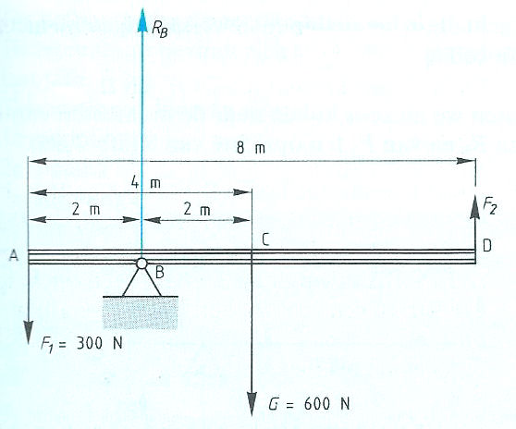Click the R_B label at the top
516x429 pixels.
160,30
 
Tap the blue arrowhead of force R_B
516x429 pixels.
142,19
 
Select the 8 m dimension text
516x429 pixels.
251,148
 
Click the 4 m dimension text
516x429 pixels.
146,182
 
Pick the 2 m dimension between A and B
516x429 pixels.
86,209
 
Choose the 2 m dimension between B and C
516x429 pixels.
197,209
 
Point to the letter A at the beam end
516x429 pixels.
14,255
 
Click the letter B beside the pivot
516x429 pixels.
159,273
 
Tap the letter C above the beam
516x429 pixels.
265,239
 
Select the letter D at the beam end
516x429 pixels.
487,245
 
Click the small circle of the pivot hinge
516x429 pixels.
141,264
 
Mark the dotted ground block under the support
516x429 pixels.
141,313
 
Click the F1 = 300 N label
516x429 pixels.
81,344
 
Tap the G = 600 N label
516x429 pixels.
309,403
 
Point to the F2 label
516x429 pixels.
490,207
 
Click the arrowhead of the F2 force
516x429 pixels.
475,206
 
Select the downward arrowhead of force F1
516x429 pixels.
29,332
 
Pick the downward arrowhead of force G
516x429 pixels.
252,404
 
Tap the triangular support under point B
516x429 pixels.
141,282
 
